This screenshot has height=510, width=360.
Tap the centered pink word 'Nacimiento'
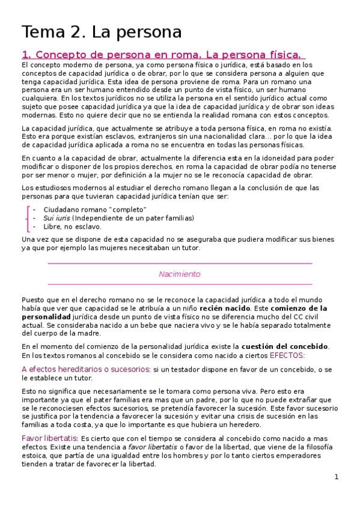179,274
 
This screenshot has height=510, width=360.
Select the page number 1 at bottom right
337,477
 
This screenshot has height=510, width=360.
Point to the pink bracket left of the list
28,218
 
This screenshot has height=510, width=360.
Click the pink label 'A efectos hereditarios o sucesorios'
85,369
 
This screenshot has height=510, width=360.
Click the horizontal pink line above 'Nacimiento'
179,263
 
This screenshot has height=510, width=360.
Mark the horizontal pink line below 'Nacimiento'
179,284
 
